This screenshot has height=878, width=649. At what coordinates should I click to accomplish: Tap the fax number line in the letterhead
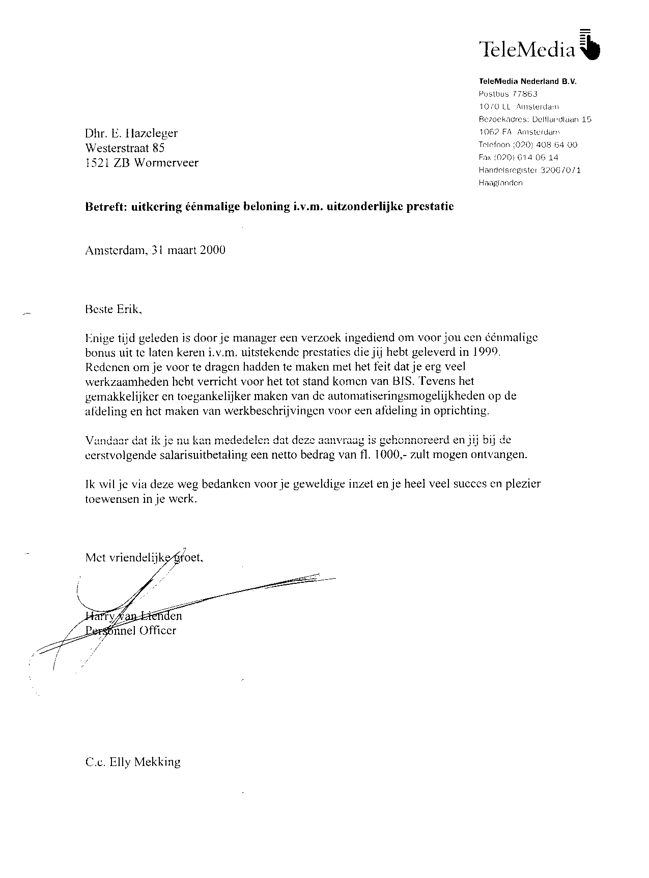(x=518, y=157)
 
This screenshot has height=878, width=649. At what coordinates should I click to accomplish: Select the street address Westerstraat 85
(x=125, y=148)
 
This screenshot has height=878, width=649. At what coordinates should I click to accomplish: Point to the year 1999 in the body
(x=487, y=352)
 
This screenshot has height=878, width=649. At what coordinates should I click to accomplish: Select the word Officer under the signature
(x=157, y=631)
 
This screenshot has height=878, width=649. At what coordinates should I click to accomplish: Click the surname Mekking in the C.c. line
(x=159, y=762)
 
